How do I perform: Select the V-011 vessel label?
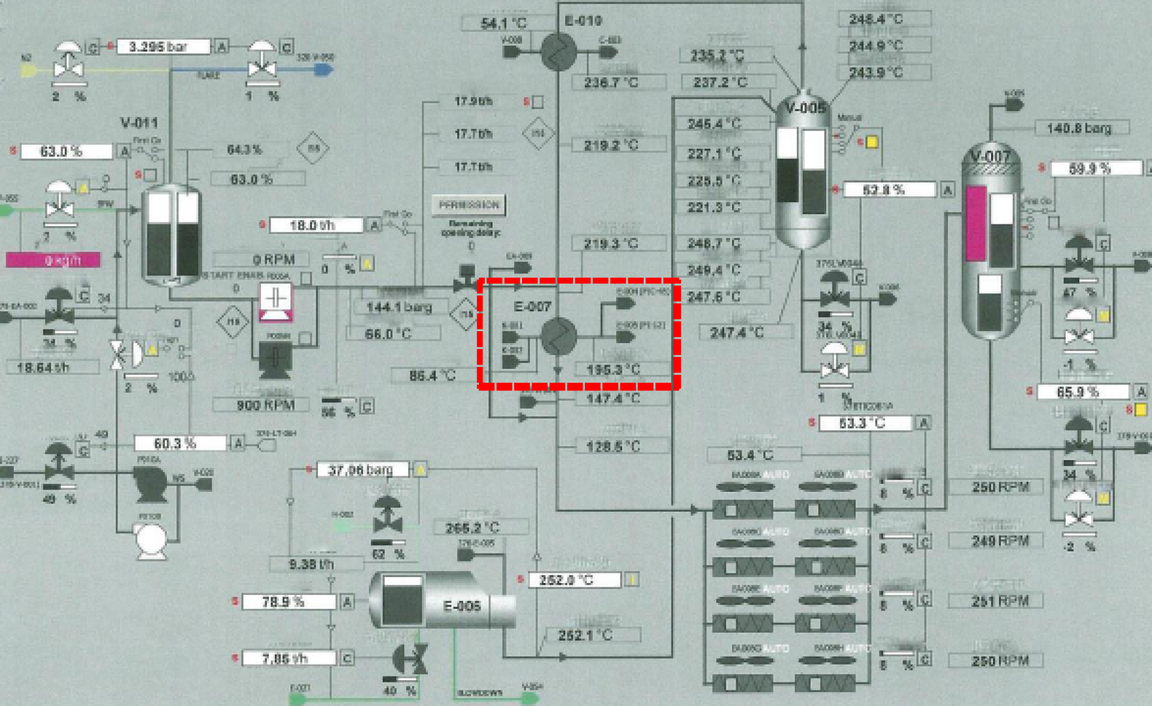[x=139, y=123]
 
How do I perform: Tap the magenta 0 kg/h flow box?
[x=53, y=260]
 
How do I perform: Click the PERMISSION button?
[x=469, y=205]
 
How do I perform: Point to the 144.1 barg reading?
[x=399, y=308]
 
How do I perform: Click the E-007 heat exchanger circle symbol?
[x=558, y=337]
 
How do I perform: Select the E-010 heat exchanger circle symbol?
[x=559, y=52]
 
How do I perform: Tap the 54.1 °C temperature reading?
[x=503, y=24]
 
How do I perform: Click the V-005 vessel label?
[x=805, y=109]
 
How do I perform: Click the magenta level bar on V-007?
[x=976, y=224]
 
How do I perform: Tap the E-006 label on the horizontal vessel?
[x=461, y=606]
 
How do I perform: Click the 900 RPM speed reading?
[x=265, y=405]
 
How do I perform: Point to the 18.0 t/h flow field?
[x=316, y=226]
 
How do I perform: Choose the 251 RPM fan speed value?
[x=1000, y=601]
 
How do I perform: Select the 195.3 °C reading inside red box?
[x=613, y=370]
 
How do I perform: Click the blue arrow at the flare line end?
[x=323, y=70]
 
